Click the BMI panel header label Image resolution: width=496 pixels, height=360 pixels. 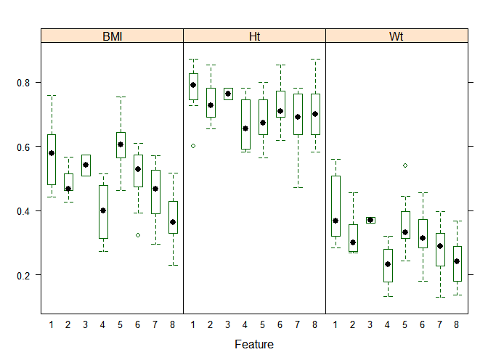[x=112, y=36]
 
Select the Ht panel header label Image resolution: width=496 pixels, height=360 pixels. [x=254, y=36]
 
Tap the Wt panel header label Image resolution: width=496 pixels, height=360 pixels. [x=397, y=36]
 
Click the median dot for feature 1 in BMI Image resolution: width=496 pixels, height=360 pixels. [x=52, y=153]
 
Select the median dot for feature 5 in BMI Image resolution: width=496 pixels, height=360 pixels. [x=121, y=144]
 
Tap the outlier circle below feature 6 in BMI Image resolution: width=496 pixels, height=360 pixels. [x=137, y=235]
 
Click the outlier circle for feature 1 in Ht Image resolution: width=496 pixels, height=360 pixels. [x=193, y=146]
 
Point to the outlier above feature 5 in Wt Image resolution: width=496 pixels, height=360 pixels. [x=405, y=165]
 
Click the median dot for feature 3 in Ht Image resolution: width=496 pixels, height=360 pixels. [x=228, y=94]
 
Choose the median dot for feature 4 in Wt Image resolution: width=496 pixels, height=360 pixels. [x=388, y=264]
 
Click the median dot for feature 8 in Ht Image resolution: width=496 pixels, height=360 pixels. [x=314, y=114]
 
